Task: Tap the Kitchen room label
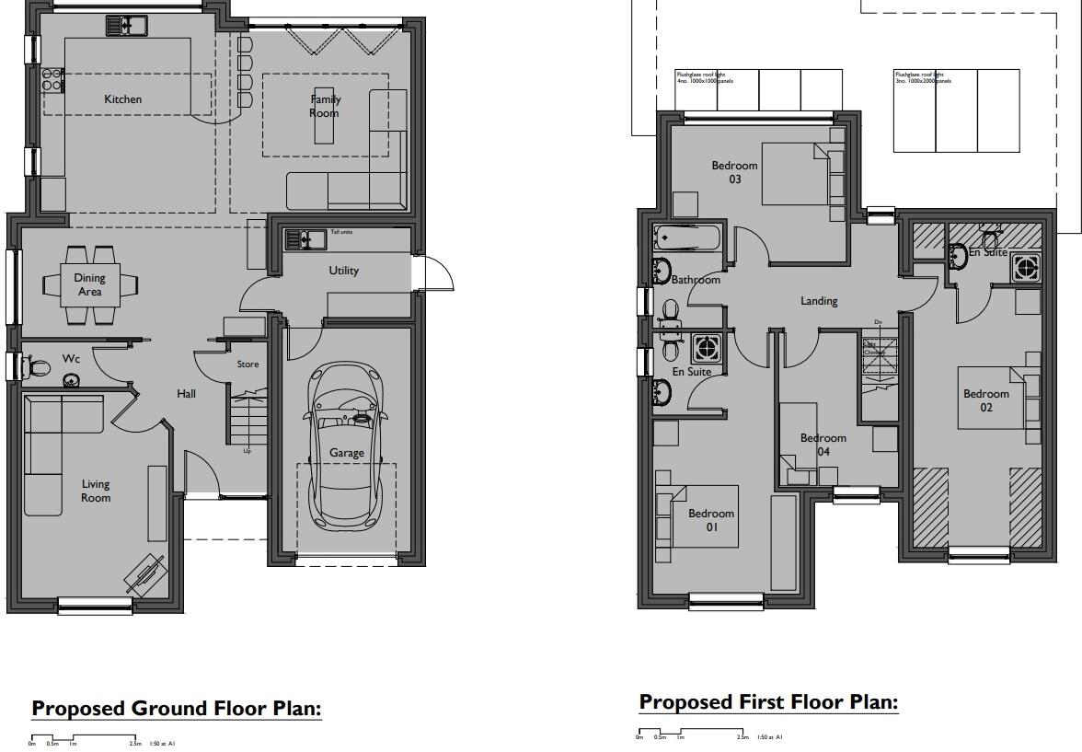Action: [x=122, y=99]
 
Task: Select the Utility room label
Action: [x=344, y=271]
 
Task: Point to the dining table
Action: [x=90, y=284]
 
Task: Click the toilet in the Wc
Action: [x=38, y=367]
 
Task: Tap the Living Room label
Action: [x=96, y=491]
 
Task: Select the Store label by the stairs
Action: [x=248, y=364]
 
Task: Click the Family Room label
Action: [x=325, y=106]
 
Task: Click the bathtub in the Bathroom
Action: [x=689, y=239]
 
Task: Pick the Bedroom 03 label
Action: [x=734, y=172]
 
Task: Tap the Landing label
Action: [x=819, y=301]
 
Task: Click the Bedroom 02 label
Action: [x=985, y=400]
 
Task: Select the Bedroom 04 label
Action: [x=823, y=445]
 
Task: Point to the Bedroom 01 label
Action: [x=711, y=520]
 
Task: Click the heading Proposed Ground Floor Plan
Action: [x=177, y=709]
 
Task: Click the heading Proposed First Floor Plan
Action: [x=768, y=702]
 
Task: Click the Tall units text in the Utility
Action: [x=340, y=232]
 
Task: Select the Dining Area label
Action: [x=90, y=284]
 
